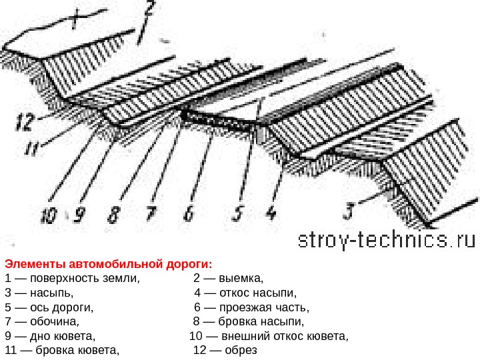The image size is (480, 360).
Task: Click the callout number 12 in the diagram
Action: pos(24,123)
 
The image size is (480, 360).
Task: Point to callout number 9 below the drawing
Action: pos(80,214)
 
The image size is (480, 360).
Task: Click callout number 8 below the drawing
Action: pos(114,214)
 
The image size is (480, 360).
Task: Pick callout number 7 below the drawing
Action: pos(152,214)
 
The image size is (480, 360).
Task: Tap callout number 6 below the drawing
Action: pos(189,214)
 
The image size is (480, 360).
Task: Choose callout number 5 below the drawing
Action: pos(238,214)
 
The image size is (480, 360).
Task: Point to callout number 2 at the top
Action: pos(149,11)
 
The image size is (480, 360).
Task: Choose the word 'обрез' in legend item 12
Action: pos(241,350)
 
